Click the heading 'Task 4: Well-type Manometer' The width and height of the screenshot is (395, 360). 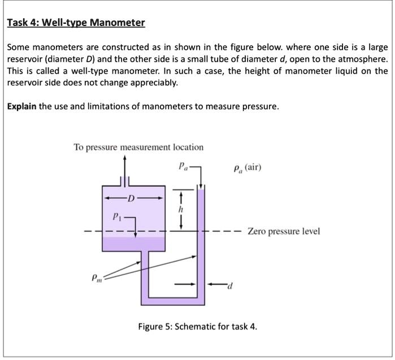[x=76, y=23]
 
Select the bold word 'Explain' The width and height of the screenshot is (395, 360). [x=21, y=107]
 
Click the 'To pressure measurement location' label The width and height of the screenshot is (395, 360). [x=138, y=148]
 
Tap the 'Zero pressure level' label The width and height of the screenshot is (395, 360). [x=284, y=231]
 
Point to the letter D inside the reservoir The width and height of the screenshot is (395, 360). [x=131, y=198]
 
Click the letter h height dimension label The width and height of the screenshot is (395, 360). [x=180, y=208]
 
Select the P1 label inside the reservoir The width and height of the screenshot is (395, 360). [x=117, y=216]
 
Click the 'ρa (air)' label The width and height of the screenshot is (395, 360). [x=247, y=168]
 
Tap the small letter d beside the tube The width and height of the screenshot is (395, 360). [x=230, y=285]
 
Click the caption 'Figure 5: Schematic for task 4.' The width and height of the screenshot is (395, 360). [x=198, y=327]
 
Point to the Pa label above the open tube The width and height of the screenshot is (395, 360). [x=182, y=167]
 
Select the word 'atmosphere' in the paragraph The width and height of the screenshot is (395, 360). [x=362, y=59]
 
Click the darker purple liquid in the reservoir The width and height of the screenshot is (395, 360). [x=133, y=244]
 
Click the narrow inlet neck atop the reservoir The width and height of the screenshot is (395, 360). [x=125, y=181]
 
